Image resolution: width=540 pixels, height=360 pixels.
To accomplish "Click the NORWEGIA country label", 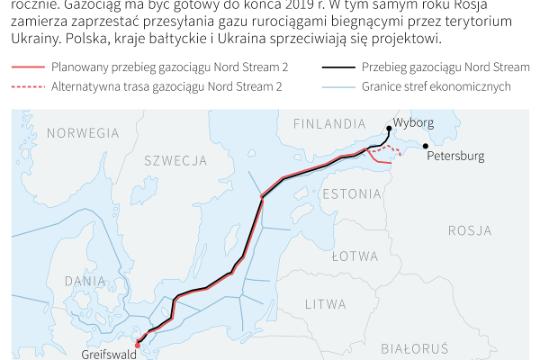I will tap(76, 133).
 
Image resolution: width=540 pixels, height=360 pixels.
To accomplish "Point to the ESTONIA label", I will tap(350, 193).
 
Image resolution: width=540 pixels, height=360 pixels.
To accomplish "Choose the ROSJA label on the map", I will tap(469, 230).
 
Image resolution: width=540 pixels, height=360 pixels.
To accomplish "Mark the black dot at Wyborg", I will tap(388, 129).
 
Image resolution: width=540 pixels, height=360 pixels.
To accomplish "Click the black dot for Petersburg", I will tap(425, 145).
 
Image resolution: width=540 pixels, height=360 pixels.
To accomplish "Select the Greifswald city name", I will tap(109, 355).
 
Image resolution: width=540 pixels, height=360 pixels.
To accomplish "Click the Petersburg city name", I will tap(456, 156).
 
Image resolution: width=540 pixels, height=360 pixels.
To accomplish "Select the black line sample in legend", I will tap(336, 67).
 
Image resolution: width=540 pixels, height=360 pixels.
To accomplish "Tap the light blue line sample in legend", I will tap(336, 86).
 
